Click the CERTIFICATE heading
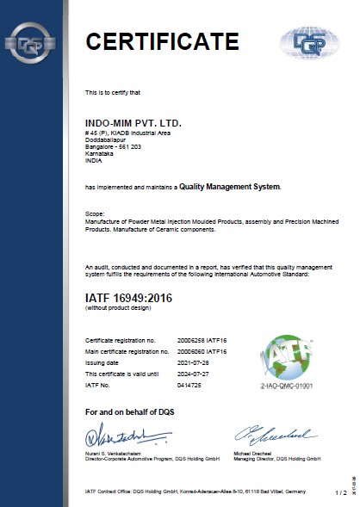(161, 40)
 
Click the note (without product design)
(115, 309)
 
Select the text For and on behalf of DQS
(129, 413)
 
